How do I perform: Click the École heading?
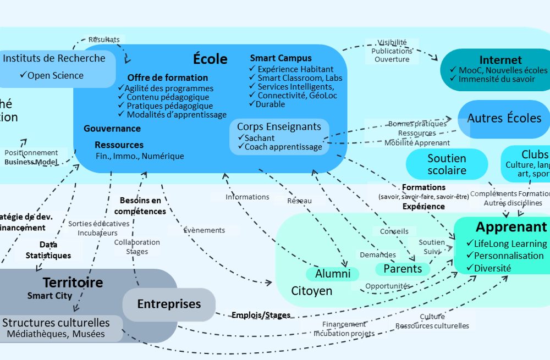click(210, 59)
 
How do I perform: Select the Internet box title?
click(501, 60)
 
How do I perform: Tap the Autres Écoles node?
click(504, 118)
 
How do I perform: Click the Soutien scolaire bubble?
click(447, 164)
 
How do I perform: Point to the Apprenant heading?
click(511, 227)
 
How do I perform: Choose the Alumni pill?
click(333, 274)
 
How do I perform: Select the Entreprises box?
click(169, 304)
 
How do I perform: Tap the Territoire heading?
click(73, 283)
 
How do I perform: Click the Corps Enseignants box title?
click(279, 126)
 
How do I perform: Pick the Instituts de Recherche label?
click(54, 58)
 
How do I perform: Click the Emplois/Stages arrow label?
click(261, 315)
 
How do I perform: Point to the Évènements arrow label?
click(204, 230)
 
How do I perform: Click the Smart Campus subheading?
click(280, 58)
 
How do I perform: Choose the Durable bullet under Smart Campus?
click(270, 104)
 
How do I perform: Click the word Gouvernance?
click(112, 129)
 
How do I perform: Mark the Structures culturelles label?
click(56, 323)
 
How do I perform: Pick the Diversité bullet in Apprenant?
click(492, 268)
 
